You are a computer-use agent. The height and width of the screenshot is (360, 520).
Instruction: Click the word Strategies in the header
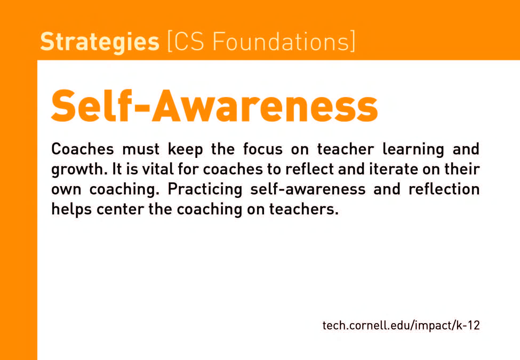click(x=100, y=42)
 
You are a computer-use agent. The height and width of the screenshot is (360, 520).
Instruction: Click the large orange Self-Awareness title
click(x=214, y=106)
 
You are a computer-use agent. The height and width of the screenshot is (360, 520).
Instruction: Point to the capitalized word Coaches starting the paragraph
click(x=83, y=149)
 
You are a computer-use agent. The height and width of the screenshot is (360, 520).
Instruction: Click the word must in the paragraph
click(x=141, y=149)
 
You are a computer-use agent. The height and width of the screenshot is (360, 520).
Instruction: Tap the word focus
click(x=263, y=149)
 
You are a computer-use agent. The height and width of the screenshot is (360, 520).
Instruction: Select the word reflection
click(x=444, y=189)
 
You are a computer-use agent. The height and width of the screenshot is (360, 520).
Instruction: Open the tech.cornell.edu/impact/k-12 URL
click(x=401, y=325)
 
